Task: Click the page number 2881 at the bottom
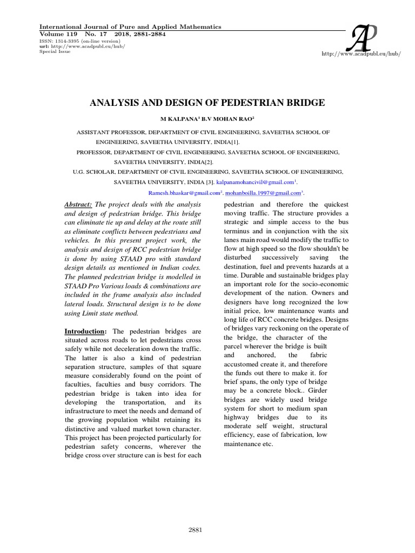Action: (195, 530)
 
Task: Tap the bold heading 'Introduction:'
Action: (86, 331)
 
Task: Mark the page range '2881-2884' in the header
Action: (145, 34)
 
